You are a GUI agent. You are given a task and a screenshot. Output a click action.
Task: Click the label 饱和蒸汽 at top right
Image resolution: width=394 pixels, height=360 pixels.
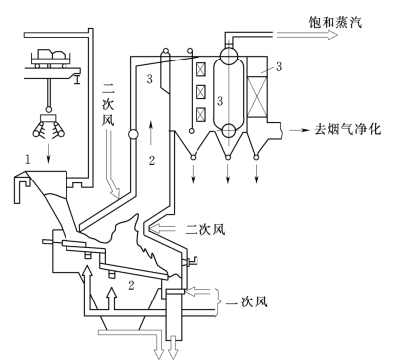[x=334, y=22]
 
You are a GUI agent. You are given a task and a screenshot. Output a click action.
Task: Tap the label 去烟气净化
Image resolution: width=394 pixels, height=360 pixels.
[x=347, y=129]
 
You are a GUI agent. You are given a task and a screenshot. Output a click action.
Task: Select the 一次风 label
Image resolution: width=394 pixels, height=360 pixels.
[x=247, y=301]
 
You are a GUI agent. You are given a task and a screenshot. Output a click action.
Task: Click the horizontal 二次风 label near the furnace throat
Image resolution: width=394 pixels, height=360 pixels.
[x=205, y=229]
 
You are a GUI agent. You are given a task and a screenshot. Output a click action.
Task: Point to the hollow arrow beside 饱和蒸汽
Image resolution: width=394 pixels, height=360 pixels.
[x=307, y=35]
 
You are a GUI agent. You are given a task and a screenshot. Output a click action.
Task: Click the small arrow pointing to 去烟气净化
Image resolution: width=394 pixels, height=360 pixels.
[x=299, y=130]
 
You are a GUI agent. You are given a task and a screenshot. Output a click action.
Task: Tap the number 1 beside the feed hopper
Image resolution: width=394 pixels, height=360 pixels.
[x=28, y=160]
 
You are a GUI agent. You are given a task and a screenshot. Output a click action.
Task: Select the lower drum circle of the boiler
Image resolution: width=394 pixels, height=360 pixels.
[x=229, y=130]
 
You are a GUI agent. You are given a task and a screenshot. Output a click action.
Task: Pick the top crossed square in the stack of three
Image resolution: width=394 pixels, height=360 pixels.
[x=200, y=69]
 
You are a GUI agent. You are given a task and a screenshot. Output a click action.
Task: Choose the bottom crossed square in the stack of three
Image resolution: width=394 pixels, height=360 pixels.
[x=200, y=114]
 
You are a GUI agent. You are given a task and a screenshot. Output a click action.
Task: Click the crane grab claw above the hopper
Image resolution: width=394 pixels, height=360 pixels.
[x=49, y=127]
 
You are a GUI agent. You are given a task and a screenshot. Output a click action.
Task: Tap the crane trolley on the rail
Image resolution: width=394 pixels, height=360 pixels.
[x=51, y=59]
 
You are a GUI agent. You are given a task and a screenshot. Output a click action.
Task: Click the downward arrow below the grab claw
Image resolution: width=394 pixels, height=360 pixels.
[x=49, y=153]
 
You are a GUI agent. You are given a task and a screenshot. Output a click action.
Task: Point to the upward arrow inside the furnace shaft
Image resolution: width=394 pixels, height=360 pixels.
[x=151, y=133]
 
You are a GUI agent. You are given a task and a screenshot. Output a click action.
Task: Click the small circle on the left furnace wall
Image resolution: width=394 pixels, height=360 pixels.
[x=133, y=134]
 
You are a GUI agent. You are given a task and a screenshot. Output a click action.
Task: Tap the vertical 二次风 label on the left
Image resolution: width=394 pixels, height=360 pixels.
[x=108, y=105]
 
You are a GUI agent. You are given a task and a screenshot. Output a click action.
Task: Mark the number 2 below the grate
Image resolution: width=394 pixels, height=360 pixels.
[x=131, y=285]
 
